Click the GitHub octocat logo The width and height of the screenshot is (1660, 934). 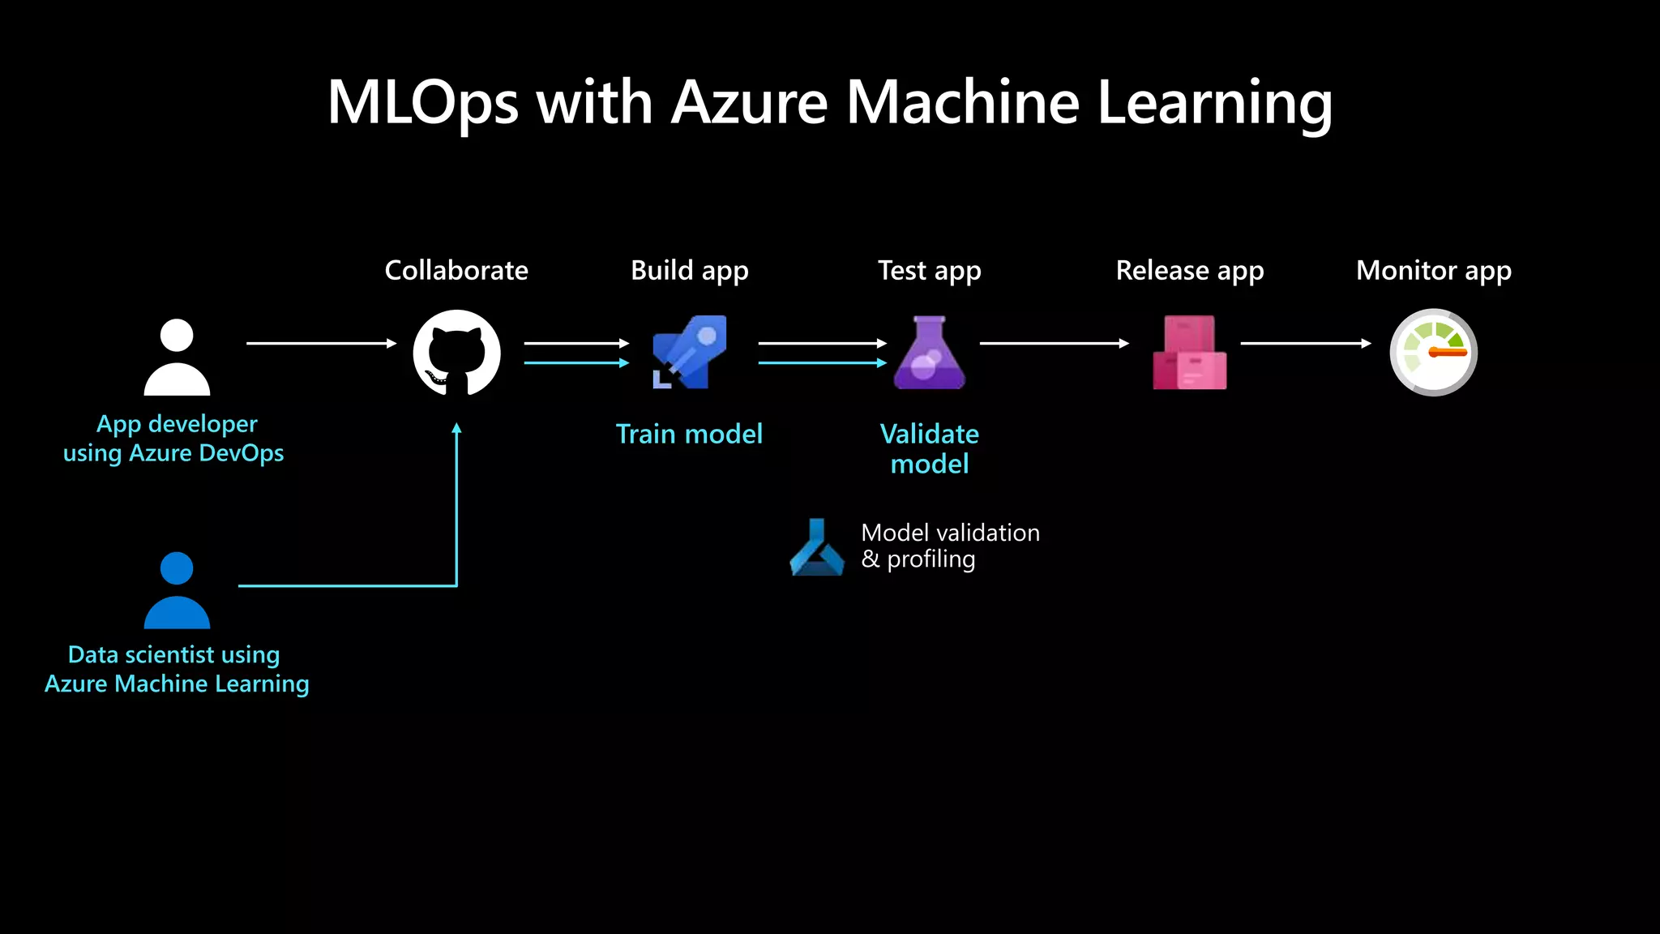456,353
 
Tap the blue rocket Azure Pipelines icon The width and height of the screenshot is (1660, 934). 690,352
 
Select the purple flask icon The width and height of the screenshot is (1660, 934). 929,353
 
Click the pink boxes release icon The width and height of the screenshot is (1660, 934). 1189,353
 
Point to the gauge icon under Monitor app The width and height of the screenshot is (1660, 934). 1433,352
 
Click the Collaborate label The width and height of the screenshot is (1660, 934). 456,270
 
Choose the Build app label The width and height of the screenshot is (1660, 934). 689,270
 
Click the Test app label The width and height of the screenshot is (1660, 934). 929,270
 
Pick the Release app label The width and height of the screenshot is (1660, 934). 1189,270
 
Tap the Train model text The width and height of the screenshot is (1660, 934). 689,434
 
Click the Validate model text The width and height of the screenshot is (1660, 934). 929,448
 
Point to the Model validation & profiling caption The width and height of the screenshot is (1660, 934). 949,546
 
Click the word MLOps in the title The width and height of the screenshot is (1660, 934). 422,103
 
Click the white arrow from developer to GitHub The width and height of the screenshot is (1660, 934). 320,343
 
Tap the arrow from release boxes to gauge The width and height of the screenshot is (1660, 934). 1305,343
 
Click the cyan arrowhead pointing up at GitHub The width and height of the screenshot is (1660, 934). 456,429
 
